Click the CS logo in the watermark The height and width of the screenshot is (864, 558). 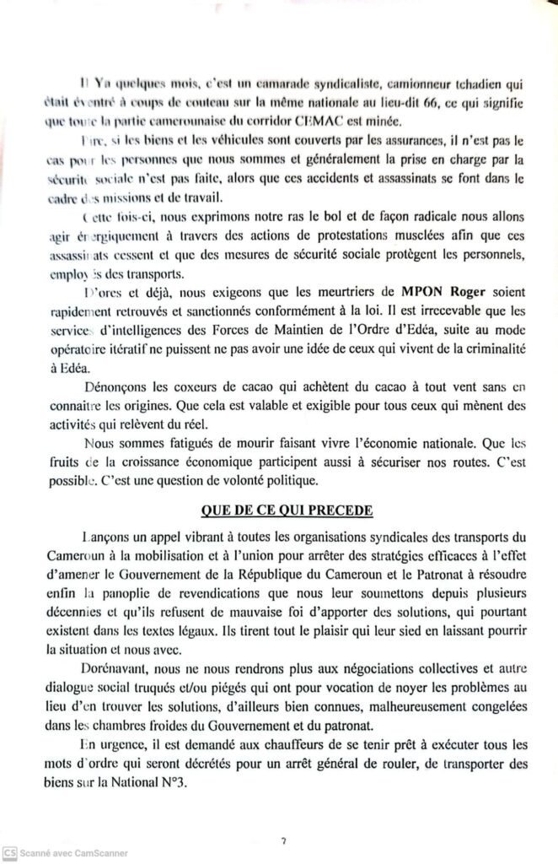click(x=9, y=852)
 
